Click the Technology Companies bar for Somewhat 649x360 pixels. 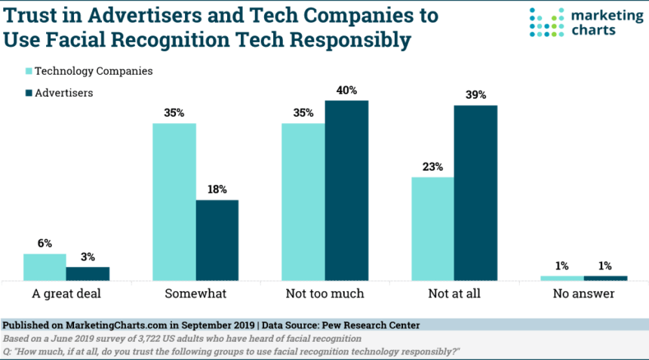click(x=174, y=202)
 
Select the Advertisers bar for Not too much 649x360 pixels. click(x=346, y=190)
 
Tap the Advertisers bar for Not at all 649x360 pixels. click(x=475, y=192)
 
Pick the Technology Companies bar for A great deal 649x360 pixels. click(x=45, y=267)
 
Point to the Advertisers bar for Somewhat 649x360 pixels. click(x=217, y=240)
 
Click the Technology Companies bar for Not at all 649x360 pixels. click(x=432, y=229)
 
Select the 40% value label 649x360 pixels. click(x=346, y=91)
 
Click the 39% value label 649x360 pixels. click(x=475, y=95)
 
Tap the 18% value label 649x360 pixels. click(x=217, y=190)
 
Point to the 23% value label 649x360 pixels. click(x=432, y=168)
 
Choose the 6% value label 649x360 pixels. click(x=45, y=244)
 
